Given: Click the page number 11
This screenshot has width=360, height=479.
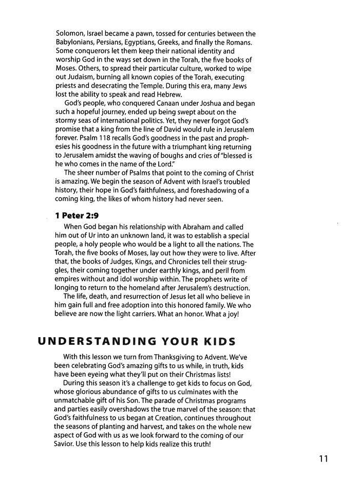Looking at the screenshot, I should [323, 458].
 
